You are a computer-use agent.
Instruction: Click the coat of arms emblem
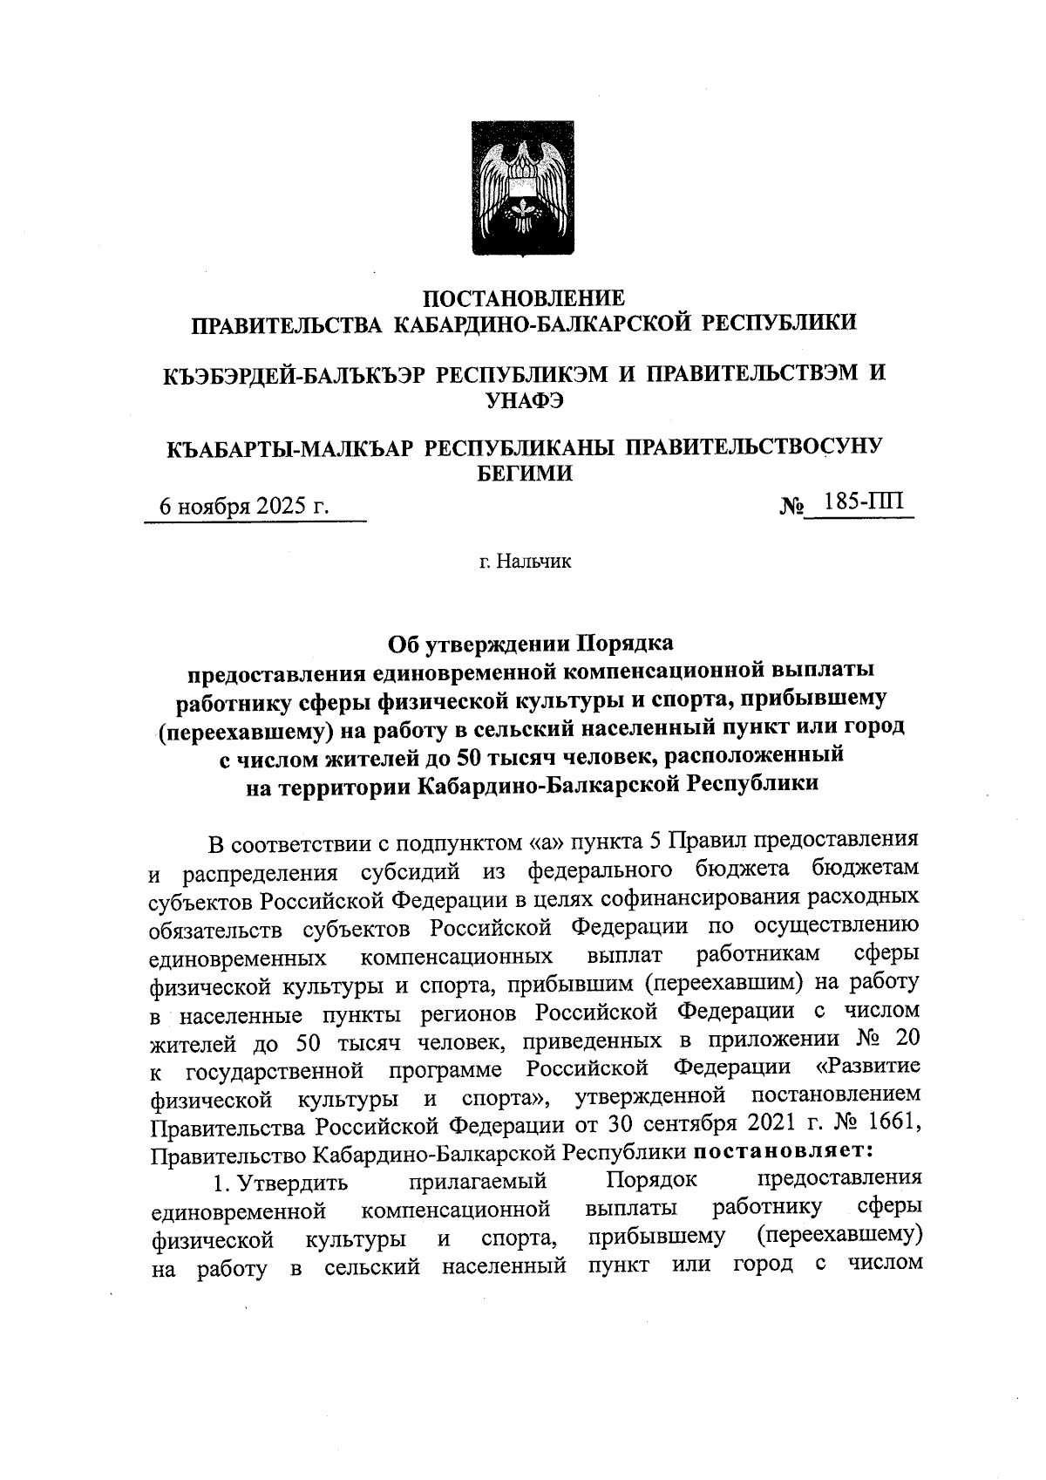coord(523,188)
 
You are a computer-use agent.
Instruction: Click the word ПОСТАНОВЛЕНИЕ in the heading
coord(523,298)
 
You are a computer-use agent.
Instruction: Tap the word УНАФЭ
coord(523,399)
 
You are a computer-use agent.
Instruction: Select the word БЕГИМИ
coord(523,474)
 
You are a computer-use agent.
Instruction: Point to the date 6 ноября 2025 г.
coord(243,507)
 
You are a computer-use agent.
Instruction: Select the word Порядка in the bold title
coord(623,644)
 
